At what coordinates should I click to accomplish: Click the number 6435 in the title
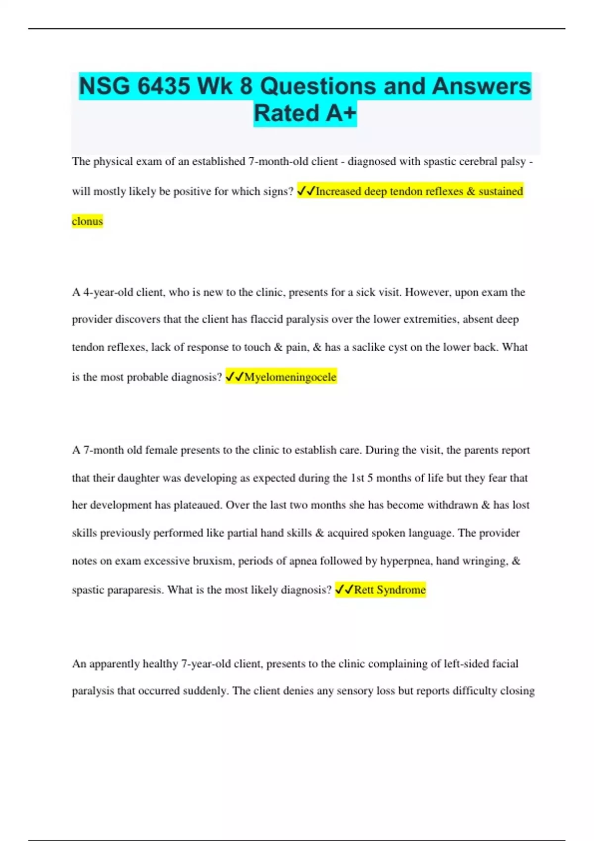click(x=163, y=87)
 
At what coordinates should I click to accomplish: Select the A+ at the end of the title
click(x=341, y=113)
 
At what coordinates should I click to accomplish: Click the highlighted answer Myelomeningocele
click(x=290, y=377)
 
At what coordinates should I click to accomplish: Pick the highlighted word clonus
click(x=87, y=221)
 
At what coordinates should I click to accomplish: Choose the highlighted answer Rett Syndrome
click(x=390, y=590)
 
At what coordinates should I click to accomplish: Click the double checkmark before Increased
click(x=306, y=191)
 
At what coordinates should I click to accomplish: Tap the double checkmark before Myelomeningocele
click(x=234, y=377)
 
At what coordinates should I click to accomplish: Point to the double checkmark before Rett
click(x=344, y=590)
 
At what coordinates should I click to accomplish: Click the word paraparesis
click(x=130, y=590)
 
